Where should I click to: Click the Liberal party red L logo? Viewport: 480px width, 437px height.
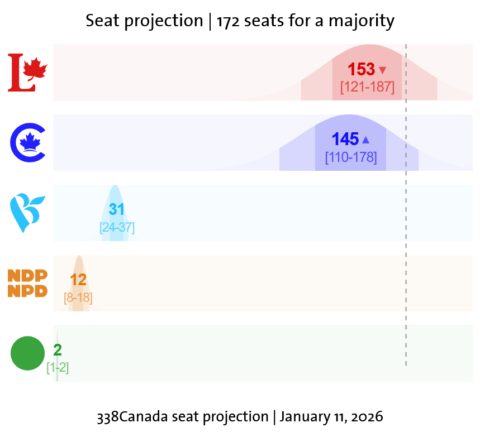(x=27, y=73)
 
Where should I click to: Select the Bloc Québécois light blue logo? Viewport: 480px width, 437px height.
(x=27, y=212)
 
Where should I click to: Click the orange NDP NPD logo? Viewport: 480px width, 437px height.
(x=27, y=283)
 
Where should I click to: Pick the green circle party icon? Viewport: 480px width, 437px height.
(x=27, y=353)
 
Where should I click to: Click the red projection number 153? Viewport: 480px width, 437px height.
(x=361, y=70)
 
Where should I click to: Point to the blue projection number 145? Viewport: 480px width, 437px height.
(x=345, y=140)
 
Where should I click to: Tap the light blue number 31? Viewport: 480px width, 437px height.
(x=116, y=210)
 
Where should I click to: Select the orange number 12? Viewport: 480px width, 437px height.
(x=78, y=280)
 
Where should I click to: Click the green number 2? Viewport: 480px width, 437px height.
(x=58, y=350)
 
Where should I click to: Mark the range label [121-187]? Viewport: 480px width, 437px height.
(x=367, y=87)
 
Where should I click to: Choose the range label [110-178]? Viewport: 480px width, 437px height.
(x=351, y=157)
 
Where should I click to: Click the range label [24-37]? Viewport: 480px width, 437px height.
(x=117, y=228)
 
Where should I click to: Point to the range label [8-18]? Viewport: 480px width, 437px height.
(x=78, y=298)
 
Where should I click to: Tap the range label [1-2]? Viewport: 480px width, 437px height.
(x=58, y=368)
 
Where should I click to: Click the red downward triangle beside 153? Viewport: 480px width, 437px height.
(x=382, y=70)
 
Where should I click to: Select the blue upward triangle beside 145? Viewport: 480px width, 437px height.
(x=366, y=140)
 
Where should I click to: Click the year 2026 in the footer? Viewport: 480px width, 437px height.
(x=367, y=417)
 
